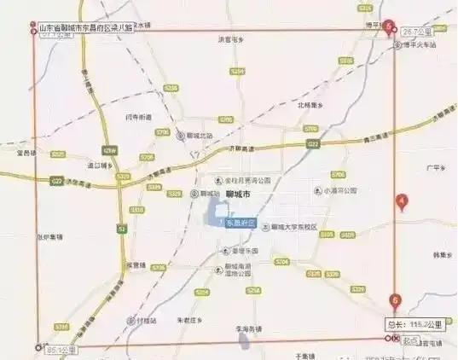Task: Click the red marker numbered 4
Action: pyautogui.click(x=402, y=202)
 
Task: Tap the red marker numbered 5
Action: pyautogui.click(x=389, y=27)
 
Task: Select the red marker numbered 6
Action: pyautogui.click(x=394, y=299)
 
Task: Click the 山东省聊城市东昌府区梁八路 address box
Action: pyautogui.click(x=86, y=27)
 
